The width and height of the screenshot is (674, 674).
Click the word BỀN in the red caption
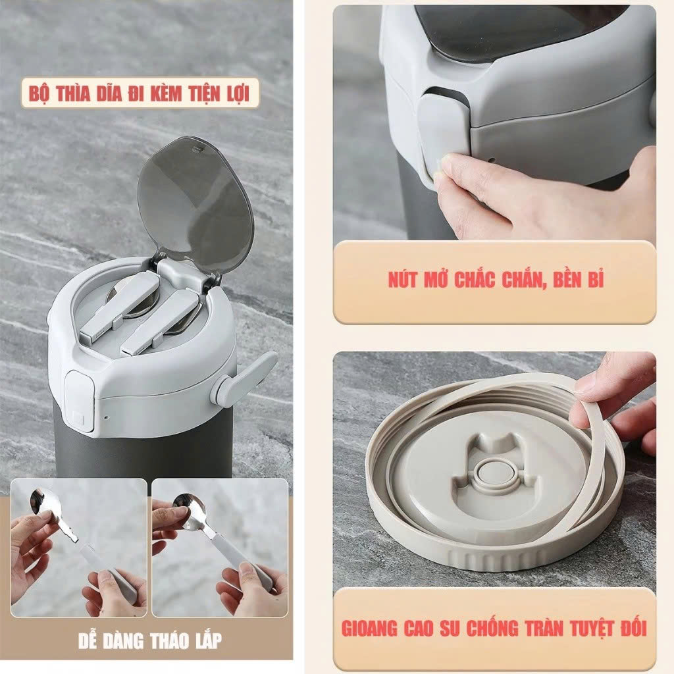[559, 280]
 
